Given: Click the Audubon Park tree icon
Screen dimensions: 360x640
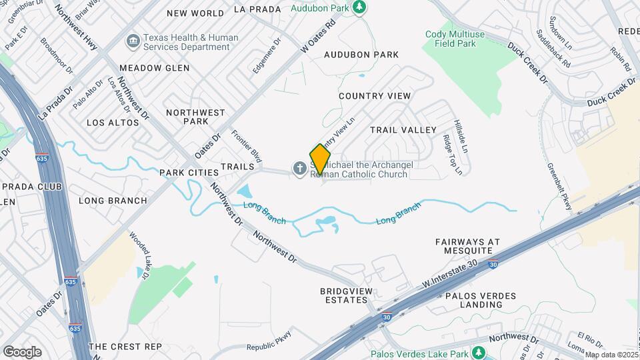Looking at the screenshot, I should coord(360,7).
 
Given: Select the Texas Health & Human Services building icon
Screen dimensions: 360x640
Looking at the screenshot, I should coord(132,42).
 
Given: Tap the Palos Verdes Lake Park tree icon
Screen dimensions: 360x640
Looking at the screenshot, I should coord(477,352).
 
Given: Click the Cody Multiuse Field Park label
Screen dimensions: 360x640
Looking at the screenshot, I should coord(451,38).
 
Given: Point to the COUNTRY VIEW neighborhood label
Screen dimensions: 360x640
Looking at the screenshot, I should coord(375,96).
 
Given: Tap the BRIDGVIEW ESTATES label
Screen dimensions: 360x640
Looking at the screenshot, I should coord(347,295).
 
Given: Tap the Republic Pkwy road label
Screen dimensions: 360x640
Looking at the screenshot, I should coord(269,342).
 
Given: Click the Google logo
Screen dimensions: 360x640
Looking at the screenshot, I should coord(22,351).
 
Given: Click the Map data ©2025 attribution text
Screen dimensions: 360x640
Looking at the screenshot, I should coord(611,355).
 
